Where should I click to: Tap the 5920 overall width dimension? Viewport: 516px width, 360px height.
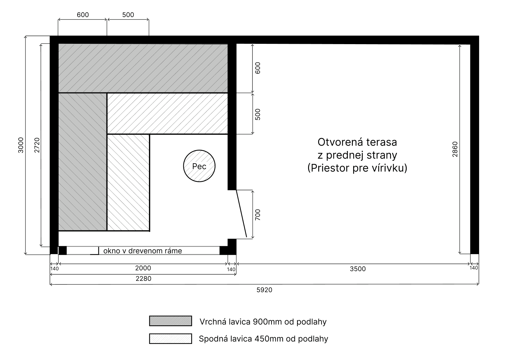pyautogui.click(x=264, y=290)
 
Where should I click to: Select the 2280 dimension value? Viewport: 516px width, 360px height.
pyautogui.click(x=143, y=279)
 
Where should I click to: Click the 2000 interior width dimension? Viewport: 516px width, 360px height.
pyautogui.click(x=143, y=268)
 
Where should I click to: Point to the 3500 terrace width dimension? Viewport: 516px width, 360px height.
pyautogui.click(x=358, y=269)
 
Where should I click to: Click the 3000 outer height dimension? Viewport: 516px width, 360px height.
pyautogui.click(x=21, y=145)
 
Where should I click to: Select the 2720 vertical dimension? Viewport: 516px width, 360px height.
pyautogui.click(x=37, y=145)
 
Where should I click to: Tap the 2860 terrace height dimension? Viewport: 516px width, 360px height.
pyautogui.click(x=455, y=149)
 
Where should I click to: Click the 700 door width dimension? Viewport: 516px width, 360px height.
pyautogui.click(x=258, y=215)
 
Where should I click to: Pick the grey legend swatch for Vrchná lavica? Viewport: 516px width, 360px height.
pyautogui.click(x=170, y=321)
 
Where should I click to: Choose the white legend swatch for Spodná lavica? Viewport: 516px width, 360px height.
pyautogui.click(x=170, y=339)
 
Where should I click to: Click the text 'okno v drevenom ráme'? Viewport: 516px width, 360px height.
pyautogui.click(x=143, y=251)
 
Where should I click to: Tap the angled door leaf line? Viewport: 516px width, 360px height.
pyautogui.click(x=241, y=213)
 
